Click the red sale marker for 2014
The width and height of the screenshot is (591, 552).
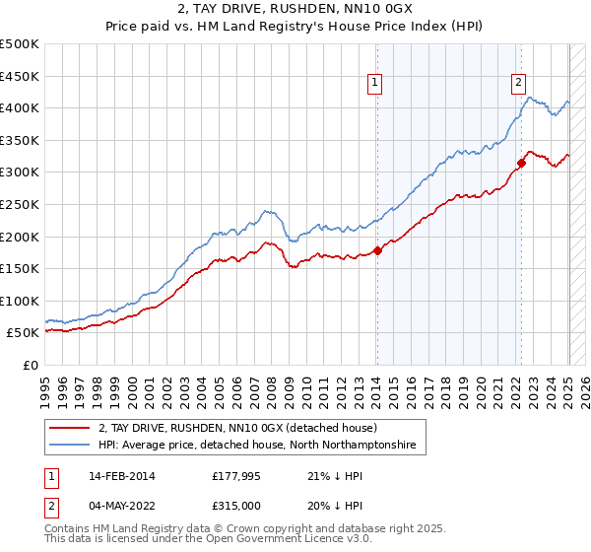(377, 250)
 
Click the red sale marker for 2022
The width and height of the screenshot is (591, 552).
(521, 163)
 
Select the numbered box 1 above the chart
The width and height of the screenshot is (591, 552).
(376, 84)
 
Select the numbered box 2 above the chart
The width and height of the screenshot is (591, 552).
(518, 84)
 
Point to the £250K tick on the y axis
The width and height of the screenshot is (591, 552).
(21, 204)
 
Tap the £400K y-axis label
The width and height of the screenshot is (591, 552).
(21, 107)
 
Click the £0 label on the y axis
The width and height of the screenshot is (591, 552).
(31, 366)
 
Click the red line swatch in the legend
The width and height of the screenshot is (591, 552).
(69, 429)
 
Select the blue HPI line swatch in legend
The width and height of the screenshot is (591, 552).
(69, 446)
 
